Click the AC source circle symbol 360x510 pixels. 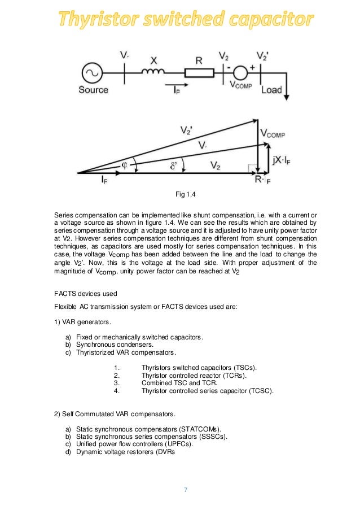[93, 73]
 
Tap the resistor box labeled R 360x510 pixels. [199, 73]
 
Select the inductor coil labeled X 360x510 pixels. [153, 72]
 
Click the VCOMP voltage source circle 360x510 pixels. [241, 73]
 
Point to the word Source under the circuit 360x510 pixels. [93, 90]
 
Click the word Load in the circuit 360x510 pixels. [271, 90]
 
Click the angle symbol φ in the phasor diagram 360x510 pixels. [125, 164]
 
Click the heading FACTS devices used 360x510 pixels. [85, 294]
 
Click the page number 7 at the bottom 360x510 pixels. [185, 489]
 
